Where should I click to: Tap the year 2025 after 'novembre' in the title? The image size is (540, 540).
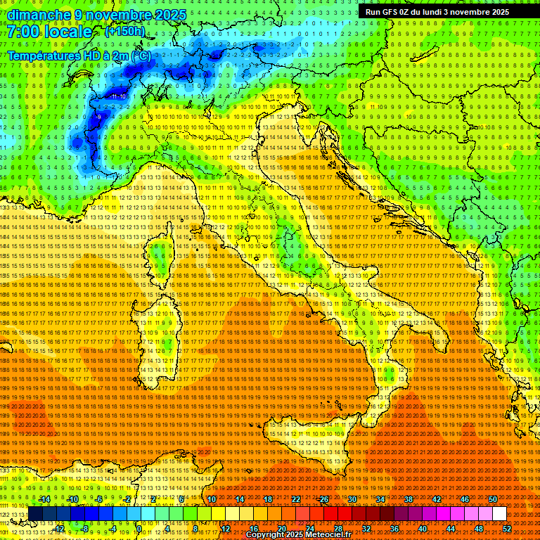point(169,15)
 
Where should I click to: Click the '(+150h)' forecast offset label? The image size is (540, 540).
point(125,31)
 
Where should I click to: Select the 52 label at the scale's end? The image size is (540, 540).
point(507,528)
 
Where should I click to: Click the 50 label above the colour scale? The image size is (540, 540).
point(493,499)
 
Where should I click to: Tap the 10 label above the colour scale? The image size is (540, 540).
point(212,499)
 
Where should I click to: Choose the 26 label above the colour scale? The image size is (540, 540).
point(324,499)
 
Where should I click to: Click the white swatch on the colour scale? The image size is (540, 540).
point(499,514)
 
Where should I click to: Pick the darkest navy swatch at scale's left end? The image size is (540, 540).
point(35,514)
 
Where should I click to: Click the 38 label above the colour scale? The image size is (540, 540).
point(409,499)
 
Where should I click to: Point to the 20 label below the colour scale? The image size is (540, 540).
point(281,528)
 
